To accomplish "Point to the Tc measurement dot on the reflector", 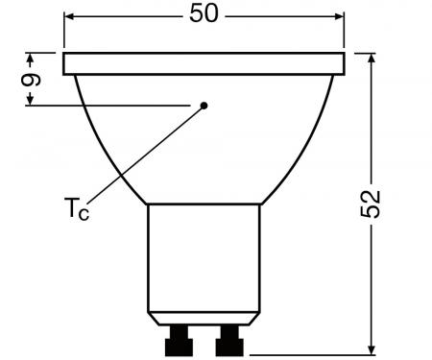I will [204, 105].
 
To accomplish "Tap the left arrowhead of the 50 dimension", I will [69, 17].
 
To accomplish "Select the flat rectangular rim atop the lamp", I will [204, 64].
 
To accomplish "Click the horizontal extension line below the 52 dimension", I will [317, 351].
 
